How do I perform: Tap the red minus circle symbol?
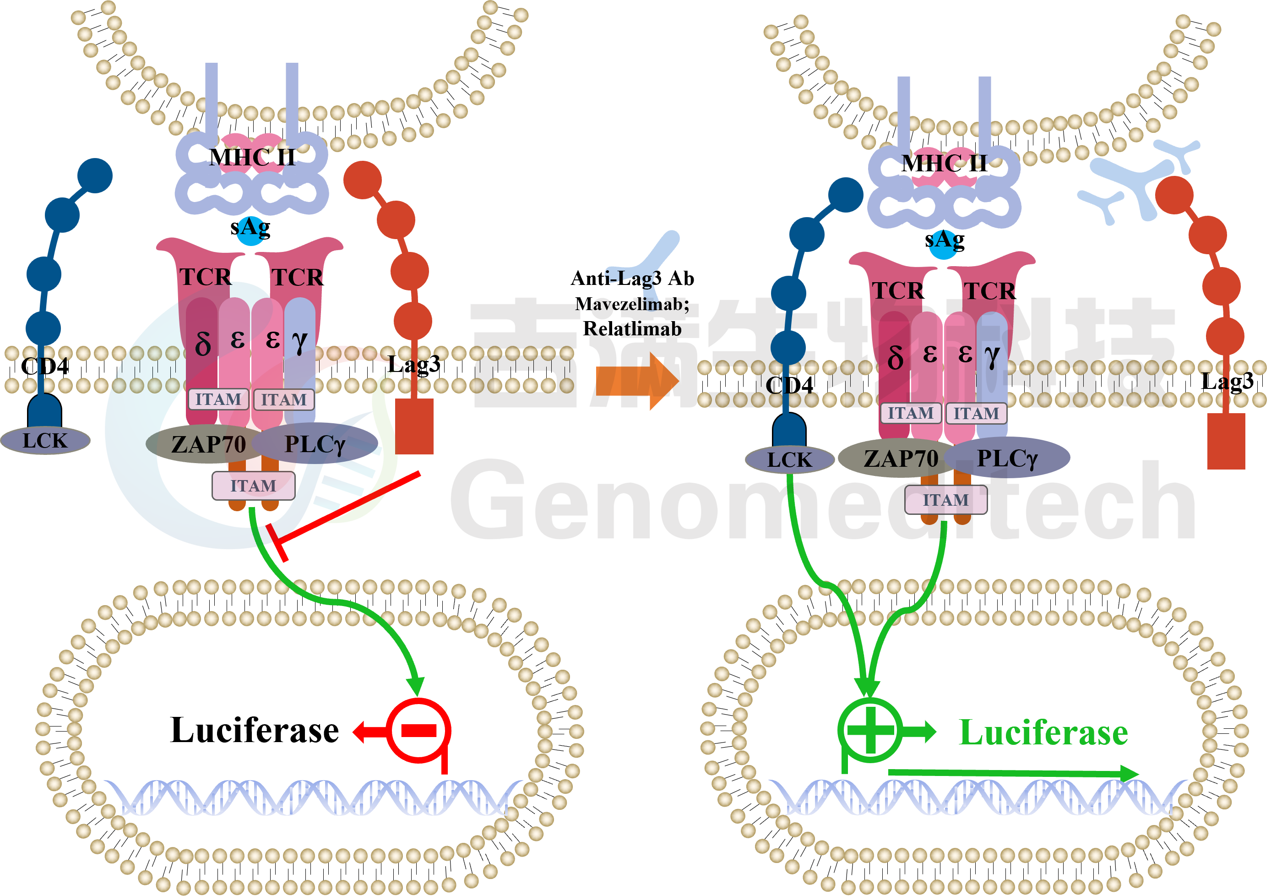click(418, 731)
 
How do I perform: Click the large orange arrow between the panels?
click(636, 382)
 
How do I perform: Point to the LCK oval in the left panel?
click(45, 441)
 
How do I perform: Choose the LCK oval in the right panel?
click(789, 459)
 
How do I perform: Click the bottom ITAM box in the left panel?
click(253, 486)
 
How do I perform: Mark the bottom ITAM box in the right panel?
click(945, 500)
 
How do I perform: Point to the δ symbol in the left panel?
click(203, 344)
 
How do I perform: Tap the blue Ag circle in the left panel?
click(251, 229)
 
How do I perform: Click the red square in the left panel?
click(414, 426)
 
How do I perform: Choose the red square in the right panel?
click(1226, 441)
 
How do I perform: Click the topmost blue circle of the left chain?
click(95, 175)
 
